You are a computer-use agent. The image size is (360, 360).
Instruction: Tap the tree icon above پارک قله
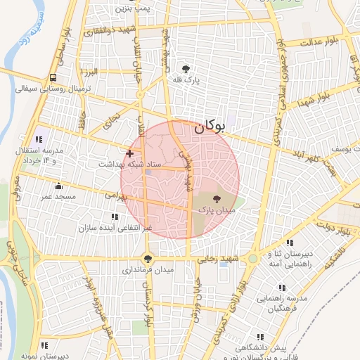click(186, 69)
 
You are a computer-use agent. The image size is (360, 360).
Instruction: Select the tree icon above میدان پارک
click(216, 199)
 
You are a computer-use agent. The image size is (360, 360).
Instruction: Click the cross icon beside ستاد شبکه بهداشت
click(129, 153)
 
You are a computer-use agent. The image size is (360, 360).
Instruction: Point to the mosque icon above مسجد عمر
click(58, 186)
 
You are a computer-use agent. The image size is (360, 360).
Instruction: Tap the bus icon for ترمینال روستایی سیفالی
click(53, 78)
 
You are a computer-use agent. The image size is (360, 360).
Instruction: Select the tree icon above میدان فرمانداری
click(148, 258)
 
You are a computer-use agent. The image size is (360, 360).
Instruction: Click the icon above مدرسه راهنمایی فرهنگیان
click(282, 288)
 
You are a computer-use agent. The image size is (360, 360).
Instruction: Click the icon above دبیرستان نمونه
click(44, 345)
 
